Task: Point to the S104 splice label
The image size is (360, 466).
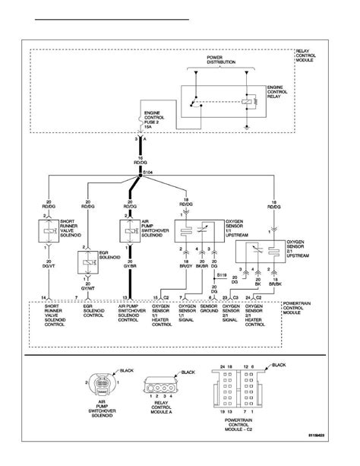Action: coord(150,174)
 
